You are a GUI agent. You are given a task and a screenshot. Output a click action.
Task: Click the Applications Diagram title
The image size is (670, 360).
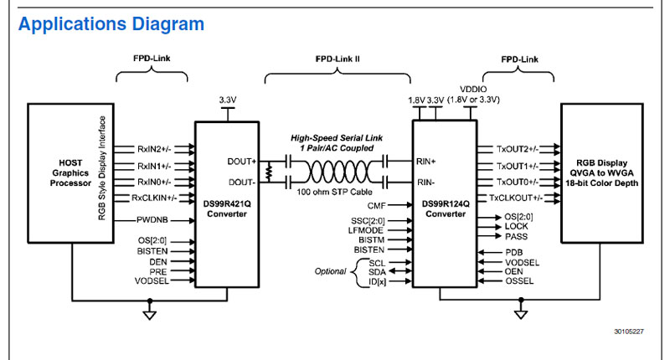click(111, 23)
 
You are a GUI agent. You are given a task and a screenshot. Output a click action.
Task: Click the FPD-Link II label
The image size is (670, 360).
click(338, 61)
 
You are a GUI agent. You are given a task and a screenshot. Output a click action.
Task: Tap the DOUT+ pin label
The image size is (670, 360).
click(243, 161)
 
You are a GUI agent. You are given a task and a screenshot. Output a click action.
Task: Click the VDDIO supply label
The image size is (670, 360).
click(474, 89)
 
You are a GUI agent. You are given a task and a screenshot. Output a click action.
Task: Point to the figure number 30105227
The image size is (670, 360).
click(628, 332)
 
